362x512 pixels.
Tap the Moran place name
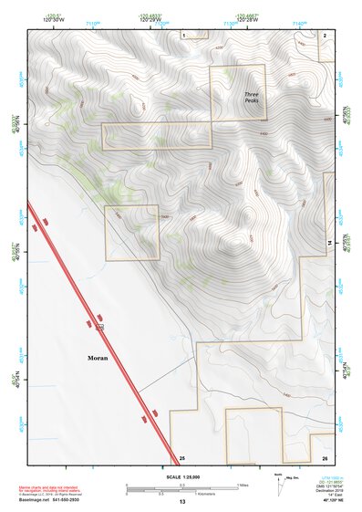tap(98, 358)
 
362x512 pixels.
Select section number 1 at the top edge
tap(183, 34)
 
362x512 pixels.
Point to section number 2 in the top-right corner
tap(325, 34)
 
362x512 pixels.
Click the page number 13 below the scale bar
tap(182, 502)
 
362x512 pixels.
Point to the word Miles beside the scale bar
tap(243, 485)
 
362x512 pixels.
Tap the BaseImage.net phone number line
tap(48, 500)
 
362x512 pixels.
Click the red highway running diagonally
tap(100, 329)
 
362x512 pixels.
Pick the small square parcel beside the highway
tap(132, 233)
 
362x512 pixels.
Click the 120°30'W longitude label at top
tap(54, 19)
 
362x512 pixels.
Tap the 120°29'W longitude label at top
tap(151, 19)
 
